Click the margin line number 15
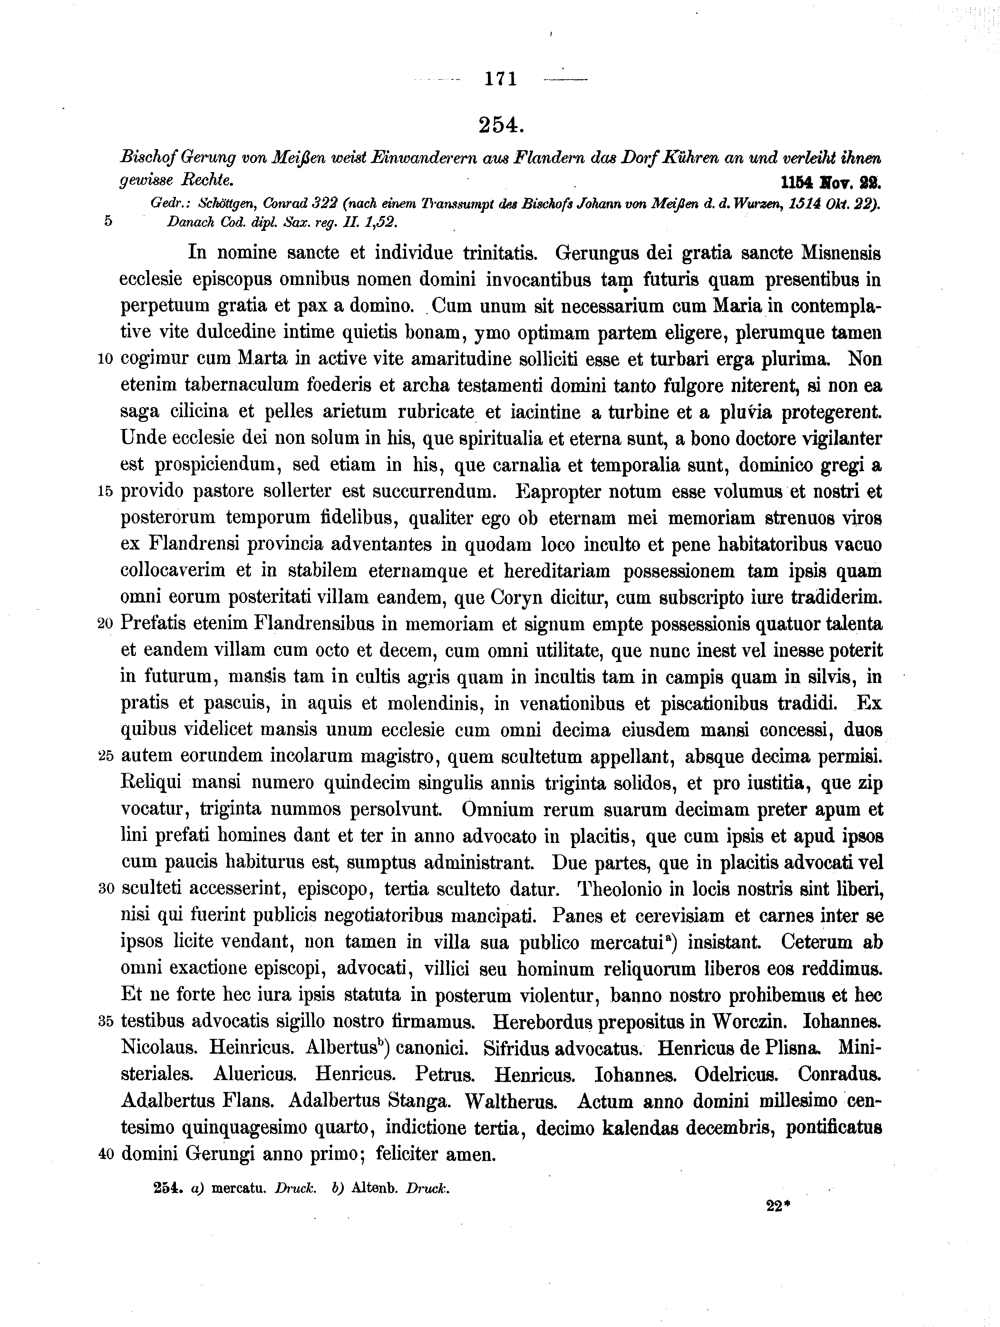[105, 492]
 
